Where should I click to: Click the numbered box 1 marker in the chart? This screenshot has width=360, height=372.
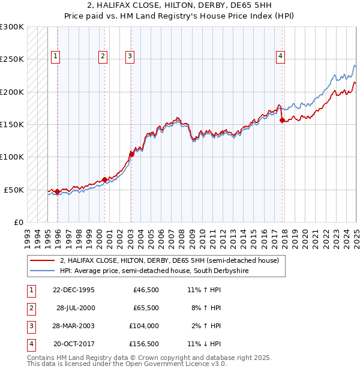coord(55,56)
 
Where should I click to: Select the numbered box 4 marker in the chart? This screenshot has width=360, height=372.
coord(280,56)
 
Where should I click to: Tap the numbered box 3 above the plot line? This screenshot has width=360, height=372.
coord(130,56)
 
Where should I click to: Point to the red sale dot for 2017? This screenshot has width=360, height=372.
coord(282,120)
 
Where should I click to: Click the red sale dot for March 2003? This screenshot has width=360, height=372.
coord(131,154)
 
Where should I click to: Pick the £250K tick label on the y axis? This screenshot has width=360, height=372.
coord(12,59)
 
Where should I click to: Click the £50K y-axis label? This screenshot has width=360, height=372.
coord(14,190)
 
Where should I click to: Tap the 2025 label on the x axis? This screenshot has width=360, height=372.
coord(356,235)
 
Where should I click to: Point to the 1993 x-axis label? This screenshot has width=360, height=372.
coord(28,235)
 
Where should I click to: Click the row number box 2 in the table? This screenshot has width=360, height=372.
coord(31,308)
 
